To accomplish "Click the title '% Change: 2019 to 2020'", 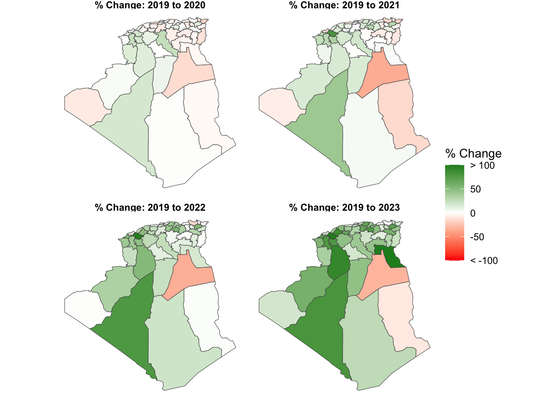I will coord(150,5).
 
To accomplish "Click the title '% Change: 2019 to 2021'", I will coord(344,5).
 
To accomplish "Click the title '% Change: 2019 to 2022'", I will coord(150,207).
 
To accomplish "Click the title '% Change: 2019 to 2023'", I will coord(344,207).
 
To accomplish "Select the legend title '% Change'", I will coord(473,153).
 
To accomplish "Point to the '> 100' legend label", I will coord(482,166).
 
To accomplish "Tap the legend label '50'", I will coord(475,190).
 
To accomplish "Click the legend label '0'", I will coord(473,213).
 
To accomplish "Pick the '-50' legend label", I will coord(477,237).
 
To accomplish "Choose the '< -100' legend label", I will coord(484,261).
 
